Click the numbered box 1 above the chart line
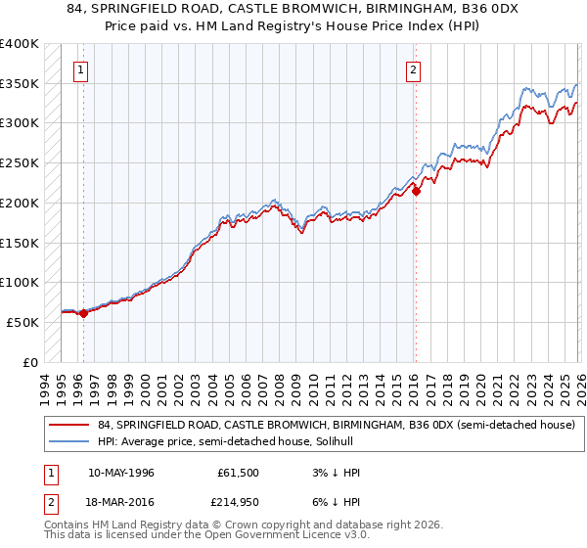pos(79,69)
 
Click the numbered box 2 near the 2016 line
pos(414,69)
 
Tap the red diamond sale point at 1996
pos(83,313)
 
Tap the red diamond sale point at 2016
pos(416,191)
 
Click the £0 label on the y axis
pos(29,362)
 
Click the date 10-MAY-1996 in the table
pos(120,473)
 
